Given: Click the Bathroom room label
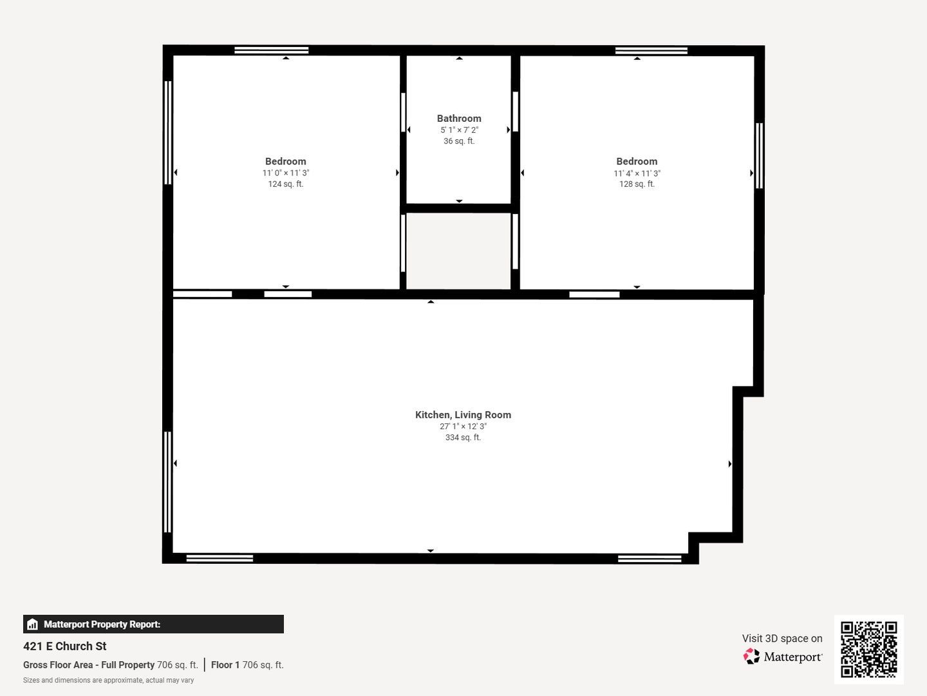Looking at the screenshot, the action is [x=459, y=119].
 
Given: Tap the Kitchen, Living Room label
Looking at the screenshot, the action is [x=463, y=415].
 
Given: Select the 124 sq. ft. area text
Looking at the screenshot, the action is [x=285, y=184].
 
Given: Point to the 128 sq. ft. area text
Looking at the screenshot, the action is [x=637, y=184].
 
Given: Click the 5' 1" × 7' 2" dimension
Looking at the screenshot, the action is [x=459, y=130].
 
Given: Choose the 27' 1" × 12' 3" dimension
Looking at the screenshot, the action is [x=463, y=427].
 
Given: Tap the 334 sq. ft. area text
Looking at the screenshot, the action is [x=463, y=438].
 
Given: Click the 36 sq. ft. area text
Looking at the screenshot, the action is [x=459, y=141].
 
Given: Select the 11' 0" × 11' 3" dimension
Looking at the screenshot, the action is [x=285, y=173].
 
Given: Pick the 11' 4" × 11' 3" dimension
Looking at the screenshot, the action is [x=637, y=173].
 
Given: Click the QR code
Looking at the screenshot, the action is [x=868, y=650].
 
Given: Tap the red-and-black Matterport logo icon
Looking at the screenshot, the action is [x=751, y=656].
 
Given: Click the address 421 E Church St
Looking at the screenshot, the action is [x=64, y=646].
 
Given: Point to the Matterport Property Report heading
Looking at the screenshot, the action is [x=102, y=624].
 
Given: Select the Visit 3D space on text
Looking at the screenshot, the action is [x=782, y=639].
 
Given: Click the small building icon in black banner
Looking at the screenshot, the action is [x=33, y=624].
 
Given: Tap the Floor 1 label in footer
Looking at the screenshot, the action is [x=225, y=664].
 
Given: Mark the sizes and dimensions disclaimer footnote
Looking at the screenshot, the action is [x=109, y=681].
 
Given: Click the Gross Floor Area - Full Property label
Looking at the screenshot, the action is [x=89, y=664].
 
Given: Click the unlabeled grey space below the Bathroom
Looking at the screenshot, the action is [x=458, y=251].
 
